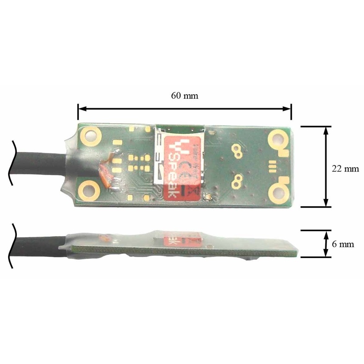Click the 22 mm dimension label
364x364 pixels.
click(x=345, y=168)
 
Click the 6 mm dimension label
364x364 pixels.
click(x=343, y=244)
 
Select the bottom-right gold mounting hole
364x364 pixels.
click(x=278, y=193)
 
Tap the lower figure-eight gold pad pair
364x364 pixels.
click(x=237, y=181)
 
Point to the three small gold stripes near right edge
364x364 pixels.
click(x=273, y=165)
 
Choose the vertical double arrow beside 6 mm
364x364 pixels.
click(x=326, y=243)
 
